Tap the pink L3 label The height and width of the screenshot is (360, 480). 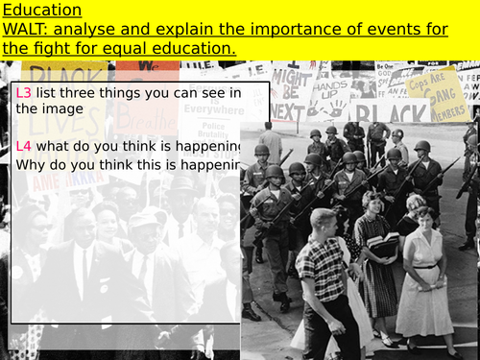coord(25,92)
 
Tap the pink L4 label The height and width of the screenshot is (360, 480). coord(25,146)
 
